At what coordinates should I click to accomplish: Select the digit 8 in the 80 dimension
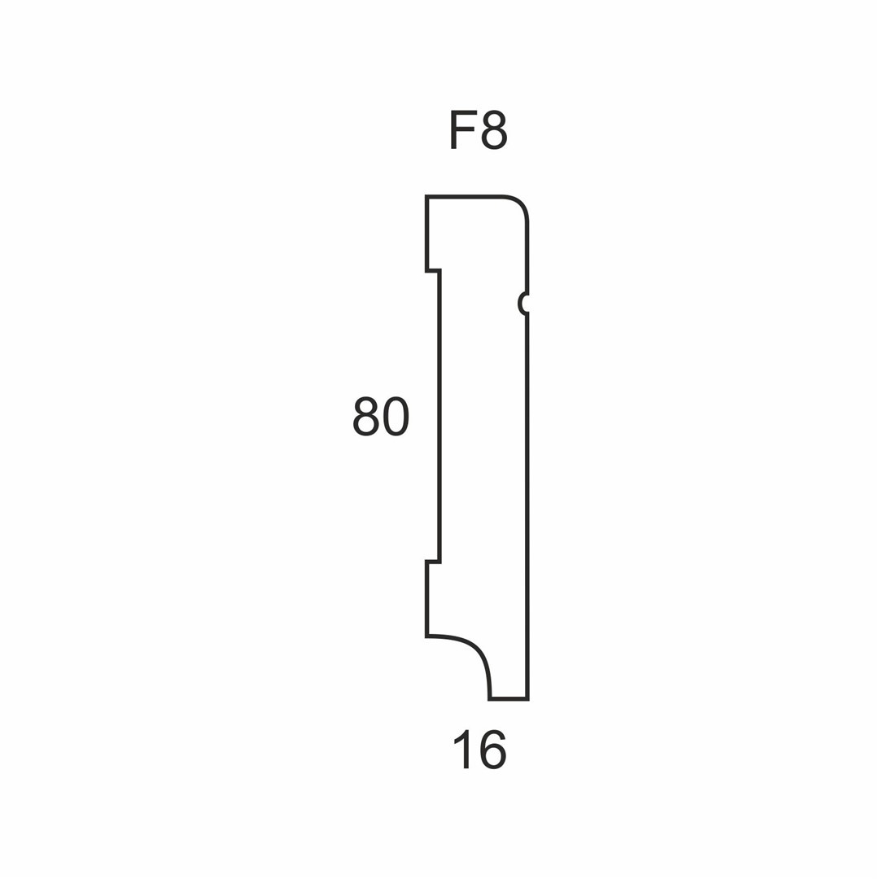pyautogui.click(x=365, y=417)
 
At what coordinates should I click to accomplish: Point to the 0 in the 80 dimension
pyautogui.click(x=396, y=417)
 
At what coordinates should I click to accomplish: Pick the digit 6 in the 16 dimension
pyautogui.click(x=492, y=750)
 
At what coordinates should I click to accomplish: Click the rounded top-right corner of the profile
pyautogui.click(x=519, y=204)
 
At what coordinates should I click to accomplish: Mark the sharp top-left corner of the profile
pyautogui.click(x=426, y=196)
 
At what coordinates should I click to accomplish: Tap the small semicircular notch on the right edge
pyautogui.click(x=522, y=304)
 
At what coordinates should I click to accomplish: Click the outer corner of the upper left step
pyautogui.click(x=426, y=271)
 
